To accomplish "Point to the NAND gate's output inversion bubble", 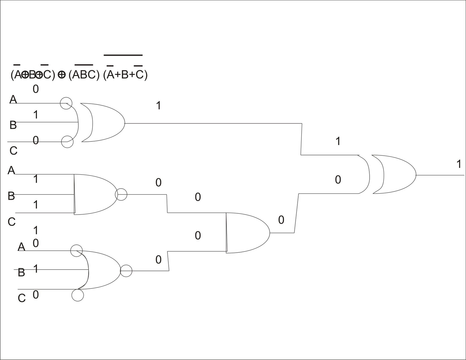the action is [121, 194].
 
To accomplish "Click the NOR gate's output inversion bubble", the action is [126, 271].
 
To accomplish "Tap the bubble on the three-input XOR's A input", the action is [66, 103].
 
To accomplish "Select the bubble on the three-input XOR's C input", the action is [67, 142].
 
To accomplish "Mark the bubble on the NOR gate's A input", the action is [76, 251].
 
